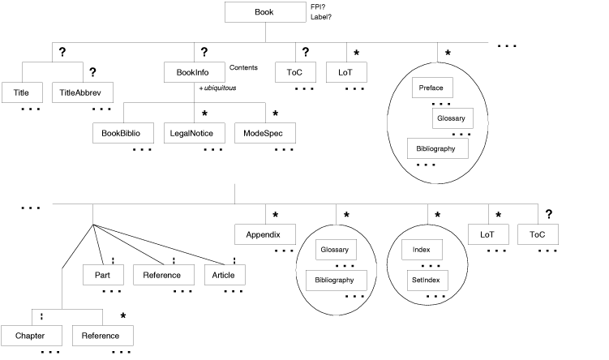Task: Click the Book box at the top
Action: tap(264, 12)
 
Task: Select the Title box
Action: tap(21, 93)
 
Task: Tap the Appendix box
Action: tap(264, 235)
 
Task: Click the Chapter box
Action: tap(32, 336)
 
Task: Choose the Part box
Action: tap(102, 276)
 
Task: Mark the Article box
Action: tap(224, 276)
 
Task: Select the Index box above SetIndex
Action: tap(422, 249)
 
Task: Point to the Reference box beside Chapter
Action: tap(102, 336)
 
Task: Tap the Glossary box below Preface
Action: tap(450, 118)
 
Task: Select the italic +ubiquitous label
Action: tap(218, 88)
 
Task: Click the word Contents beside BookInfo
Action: tap(243, 67)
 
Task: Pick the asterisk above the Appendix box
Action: tap(275, 215)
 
